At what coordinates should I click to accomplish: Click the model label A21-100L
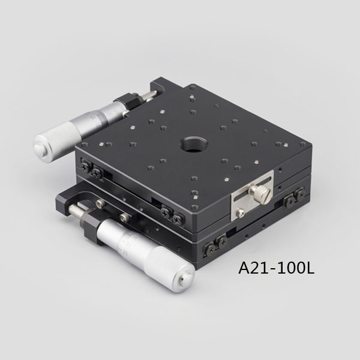point(277,268)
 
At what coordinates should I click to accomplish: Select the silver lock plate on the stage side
point(252,196)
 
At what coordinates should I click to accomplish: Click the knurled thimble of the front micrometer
point(169,269)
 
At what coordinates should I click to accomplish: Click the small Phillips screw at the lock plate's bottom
point(240,213)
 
